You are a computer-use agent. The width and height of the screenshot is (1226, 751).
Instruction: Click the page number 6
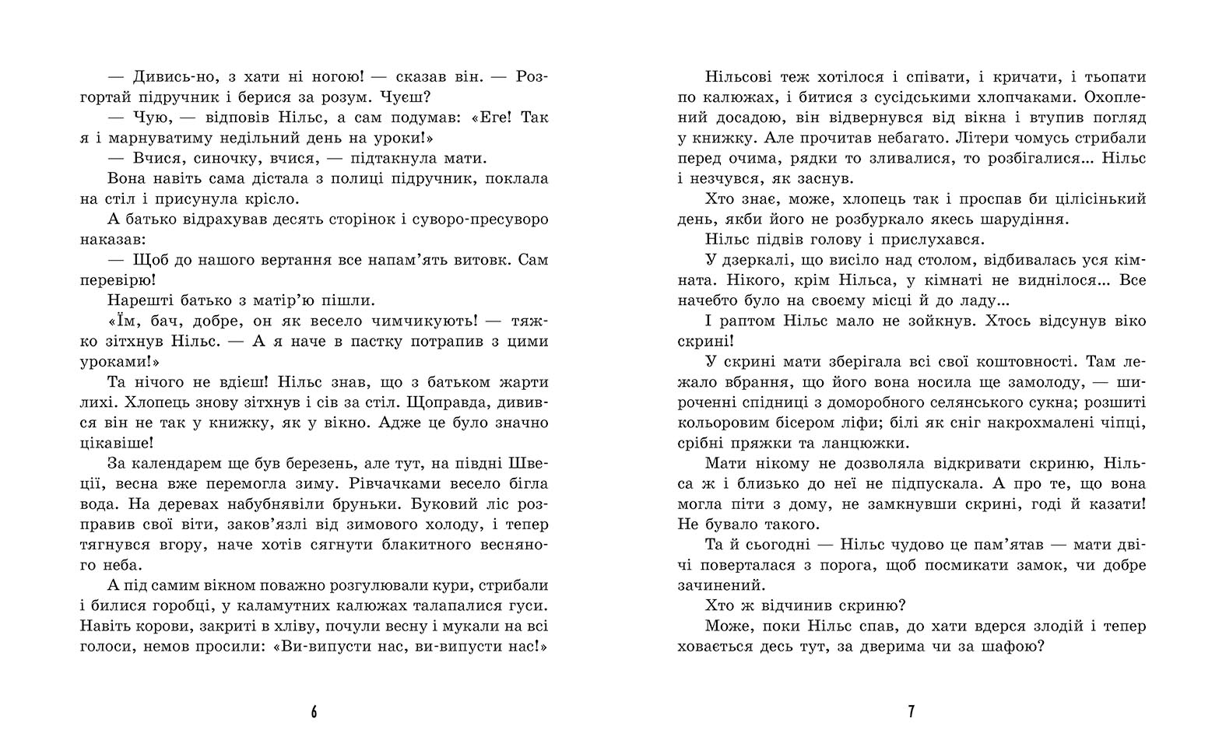(314, 712)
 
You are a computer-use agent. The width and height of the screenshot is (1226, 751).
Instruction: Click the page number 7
(912, 712)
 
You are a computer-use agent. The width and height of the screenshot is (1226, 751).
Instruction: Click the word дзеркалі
(754, 259)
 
